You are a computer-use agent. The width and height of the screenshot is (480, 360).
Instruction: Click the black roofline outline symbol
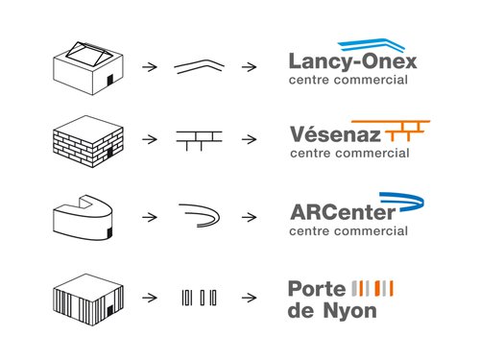[x=199, y=66]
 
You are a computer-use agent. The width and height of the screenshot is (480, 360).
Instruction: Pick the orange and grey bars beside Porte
[x=375, y=289]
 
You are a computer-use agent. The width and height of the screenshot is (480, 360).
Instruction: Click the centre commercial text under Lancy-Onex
[x=348, y=82]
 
